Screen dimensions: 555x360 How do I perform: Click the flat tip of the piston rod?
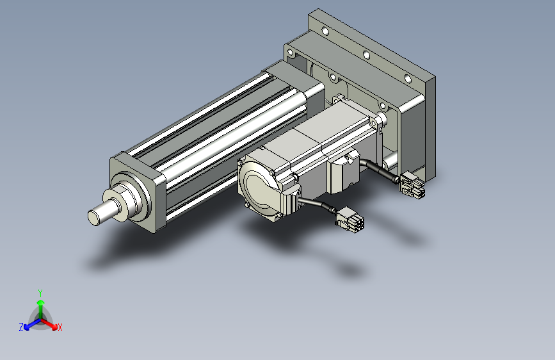point(94,217)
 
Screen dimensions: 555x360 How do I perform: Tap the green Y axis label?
point(40,293)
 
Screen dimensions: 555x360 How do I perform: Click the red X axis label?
point(60,328)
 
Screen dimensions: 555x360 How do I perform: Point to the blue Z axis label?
point(21,327)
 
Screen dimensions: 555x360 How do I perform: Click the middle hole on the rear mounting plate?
point(366,55)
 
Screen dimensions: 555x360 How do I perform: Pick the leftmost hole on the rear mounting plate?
point(326,31)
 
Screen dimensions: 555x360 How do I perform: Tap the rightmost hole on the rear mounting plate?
point(408,79)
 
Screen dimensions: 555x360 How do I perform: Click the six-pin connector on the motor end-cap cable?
point(350,217)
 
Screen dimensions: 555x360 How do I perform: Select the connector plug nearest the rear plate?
point(412,184)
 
